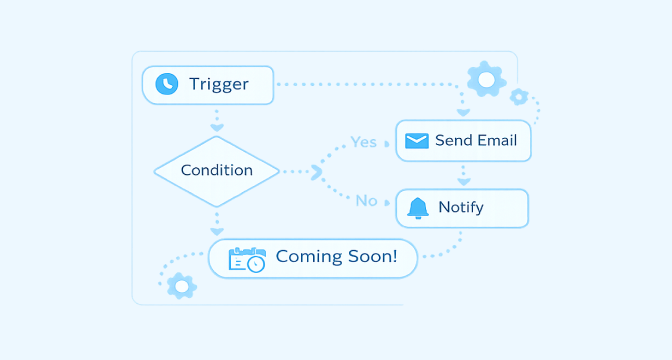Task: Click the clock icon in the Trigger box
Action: (167, 84)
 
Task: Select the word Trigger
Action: (219, 84)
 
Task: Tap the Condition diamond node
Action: (216, 171)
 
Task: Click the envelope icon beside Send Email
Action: (417, 141)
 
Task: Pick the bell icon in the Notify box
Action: (417, 208)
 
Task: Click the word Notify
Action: (461, 208)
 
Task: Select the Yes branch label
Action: (363, 142)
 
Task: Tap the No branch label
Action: (366, 201)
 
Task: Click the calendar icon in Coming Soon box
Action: (247, 259)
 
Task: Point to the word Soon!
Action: (372, 256)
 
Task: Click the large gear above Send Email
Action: (486, 79)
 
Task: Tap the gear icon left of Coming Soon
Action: (182, 286)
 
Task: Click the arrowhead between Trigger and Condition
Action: (217, 128)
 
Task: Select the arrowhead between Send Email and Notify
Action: (464, 182)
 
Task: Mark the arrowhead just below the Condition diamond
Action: (217, 232)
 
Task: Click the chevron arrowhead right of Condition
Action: (317, 172)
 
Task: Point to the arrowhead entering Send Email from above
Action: (463, 113)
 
